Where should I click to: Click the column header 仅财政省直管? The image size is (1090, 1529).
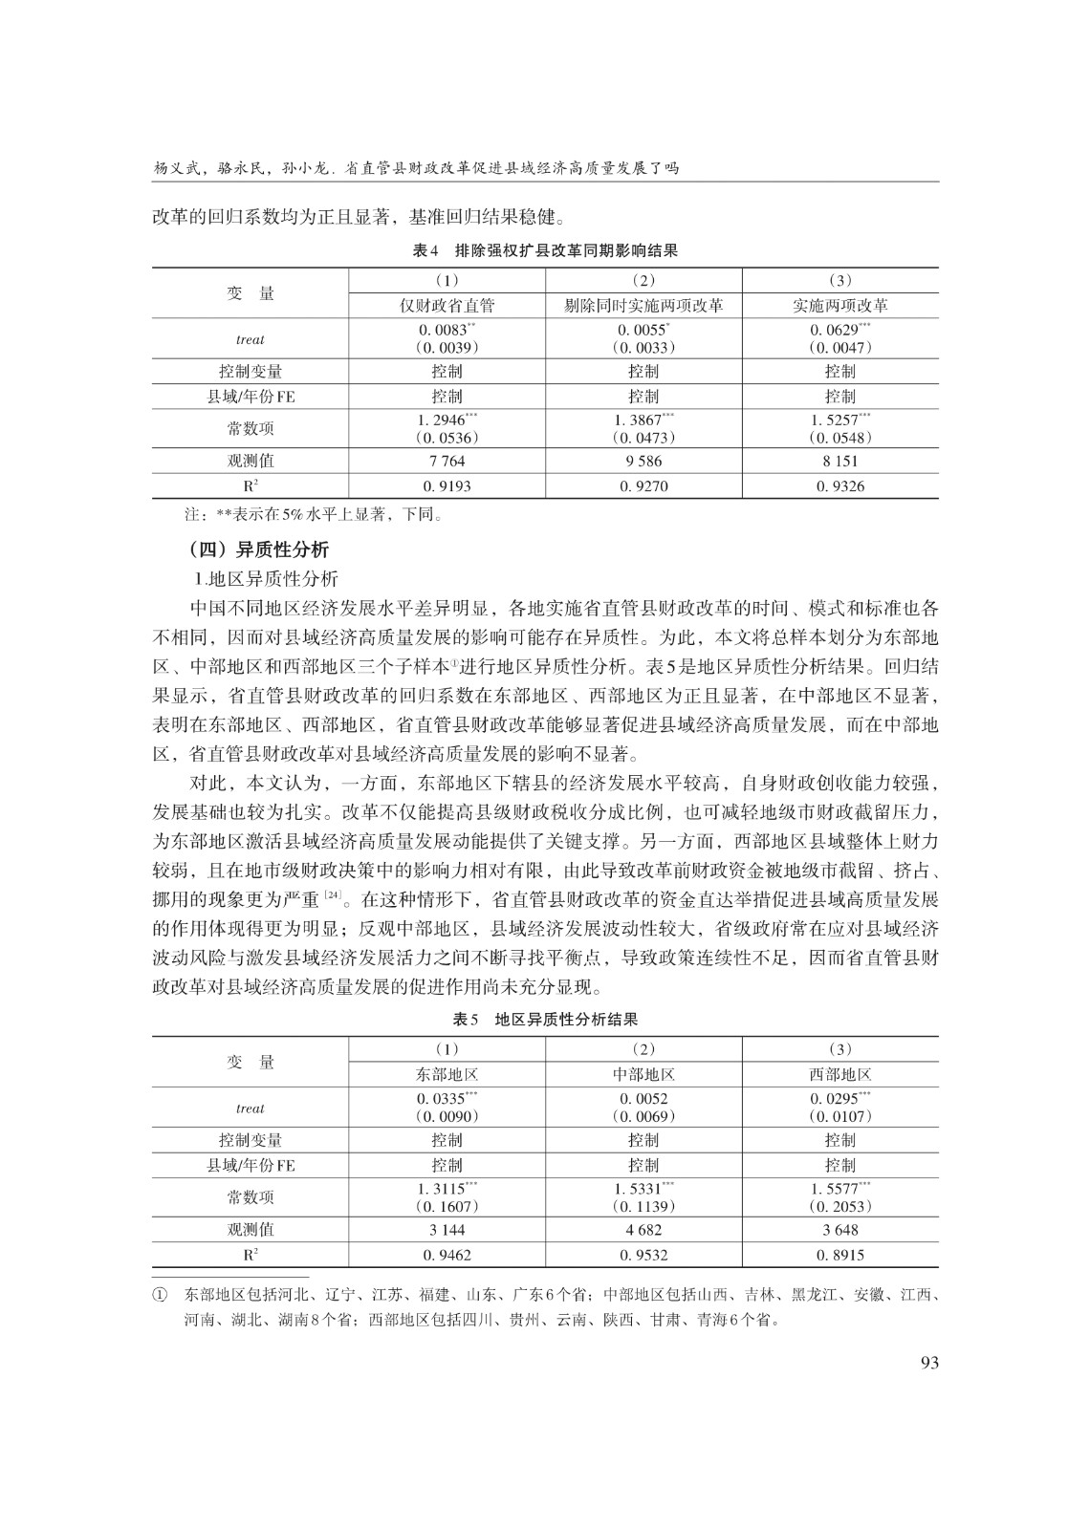(447, 306)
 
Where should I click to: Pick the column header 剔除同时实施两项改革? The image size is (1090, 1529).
(643, 306)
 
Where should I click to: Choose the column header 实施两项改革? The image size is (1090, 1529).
(840, 306)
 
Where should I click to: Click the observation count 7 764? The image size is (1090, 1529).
(447, 461)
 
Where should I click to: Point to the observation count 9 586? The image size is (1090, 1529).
(643, 461)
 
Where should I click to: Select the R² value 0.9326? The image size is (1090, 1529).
(840, 486)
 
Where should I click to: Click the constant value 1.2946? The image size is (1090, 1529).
(443, 420)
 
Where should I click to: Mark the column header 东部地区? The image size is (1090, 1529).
(447, 1074)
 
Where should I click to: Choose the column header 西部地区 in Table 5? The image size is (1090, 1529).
(840, 1074)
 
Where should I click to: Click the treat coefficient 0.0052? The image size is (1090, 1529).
(643, 1099)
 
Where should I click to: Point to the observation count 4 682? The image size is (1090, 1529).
(643, 1230)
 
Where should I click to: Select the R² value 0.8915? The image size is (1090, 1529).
(840, 1255)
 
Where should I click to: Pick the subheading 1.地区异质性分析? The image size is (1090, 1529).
(266, 579)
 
